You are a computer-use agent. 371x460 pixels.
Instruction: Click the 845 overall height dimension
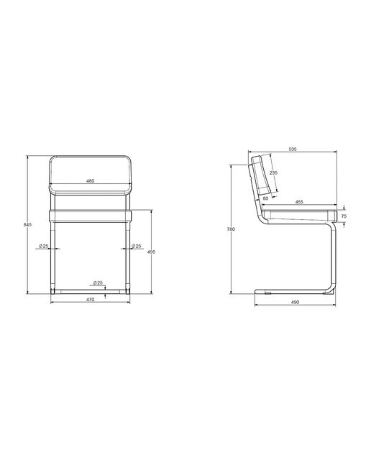click(x=27, y=225)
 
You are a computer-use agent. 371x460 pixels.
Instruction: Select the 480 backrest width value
click(x=90, y=181)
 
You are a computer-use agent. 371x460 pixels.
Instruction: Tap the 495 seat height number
click(x=152, y=252)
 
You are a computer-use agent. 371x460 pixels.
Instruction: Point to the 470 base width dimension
click(x=90, y=300)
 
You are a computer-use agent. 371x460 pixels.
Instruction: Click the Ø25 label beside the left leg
click(x=43, y=246)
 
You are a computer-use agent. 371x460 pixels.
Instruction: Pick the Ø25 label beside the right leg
click(x=136, y=246)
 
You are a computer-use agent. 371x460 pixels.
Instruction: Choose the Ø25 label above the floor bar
click(x=98, y=282)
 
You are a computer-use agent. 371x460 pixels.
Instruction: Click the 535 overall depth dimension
click(x=293, y=149)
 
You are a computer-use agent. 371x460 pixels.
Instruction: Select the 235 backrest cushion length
click(x=273, y=172)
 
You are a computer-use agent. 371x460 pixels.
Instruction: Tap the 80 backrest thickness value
click(x=265, y=198)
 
